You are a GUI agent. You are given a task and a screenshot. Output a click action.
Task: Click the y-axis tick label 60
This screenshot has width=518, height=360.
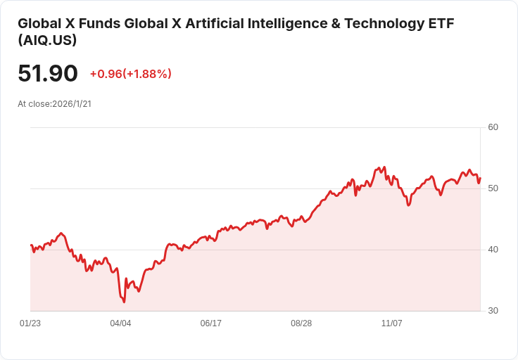tap(493, 127)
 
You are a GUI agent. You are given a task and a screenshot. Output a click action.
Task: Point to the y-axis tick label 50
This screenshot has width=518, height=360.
tap(493, 188)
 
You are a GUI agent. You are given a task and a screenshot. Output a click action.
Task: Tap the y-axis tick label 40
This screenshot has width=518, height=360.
tap(493, 250)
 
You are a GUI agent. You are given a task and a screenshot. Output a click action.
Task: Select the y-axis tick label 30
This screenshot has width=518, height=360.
tap(493, 311)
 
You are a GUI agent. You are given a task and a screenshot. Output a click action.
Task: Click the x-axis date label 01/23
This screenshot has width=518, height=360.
tap(30, 323)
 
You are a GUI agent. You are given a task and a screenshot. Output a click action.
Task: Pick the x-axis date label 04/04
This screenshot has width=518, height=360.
tap(120, 323)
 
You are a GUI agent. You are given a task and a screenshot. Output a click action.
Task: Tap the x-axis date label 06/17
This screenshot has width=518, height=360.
tap(211, 323)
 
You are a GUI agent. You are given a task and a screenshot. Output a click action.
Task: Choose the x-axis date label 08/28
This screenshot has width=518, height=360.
tap(301, 323)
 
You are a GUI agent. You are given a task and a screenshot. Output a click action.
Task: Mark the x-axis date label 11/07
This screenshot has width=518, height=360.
tap(391, 323)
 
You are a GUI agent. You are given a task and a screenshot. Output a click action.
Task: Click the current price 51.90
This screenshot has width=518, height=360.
tap(48, 74)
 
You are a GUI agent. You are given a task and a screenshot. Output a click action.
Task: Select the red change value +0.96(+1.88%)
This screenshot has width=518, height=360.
tap(130, 74)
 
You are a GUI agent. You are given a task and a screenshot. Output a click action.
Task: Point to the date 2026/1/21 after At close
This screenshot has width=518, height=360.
tap(72, 104)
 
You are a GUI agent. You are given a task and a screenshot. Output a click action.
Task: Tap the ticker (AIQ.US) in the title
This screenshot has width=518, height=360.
tap(47, 40)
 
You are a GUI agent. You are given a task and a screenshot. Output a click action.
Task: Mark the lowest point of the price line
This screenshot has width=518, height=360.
tap(124, 302)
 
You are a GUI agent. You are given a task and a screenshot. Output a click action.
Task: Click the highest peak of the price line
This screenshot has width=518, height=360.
tap(384, 167)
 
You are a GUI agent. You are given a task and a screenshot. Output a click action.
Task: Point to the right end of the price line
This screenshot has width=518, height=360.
tap(480, 177)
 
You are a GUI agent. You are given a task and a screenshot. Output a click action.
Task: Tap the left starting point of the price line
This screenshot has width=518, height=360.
tap(31, 245)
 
